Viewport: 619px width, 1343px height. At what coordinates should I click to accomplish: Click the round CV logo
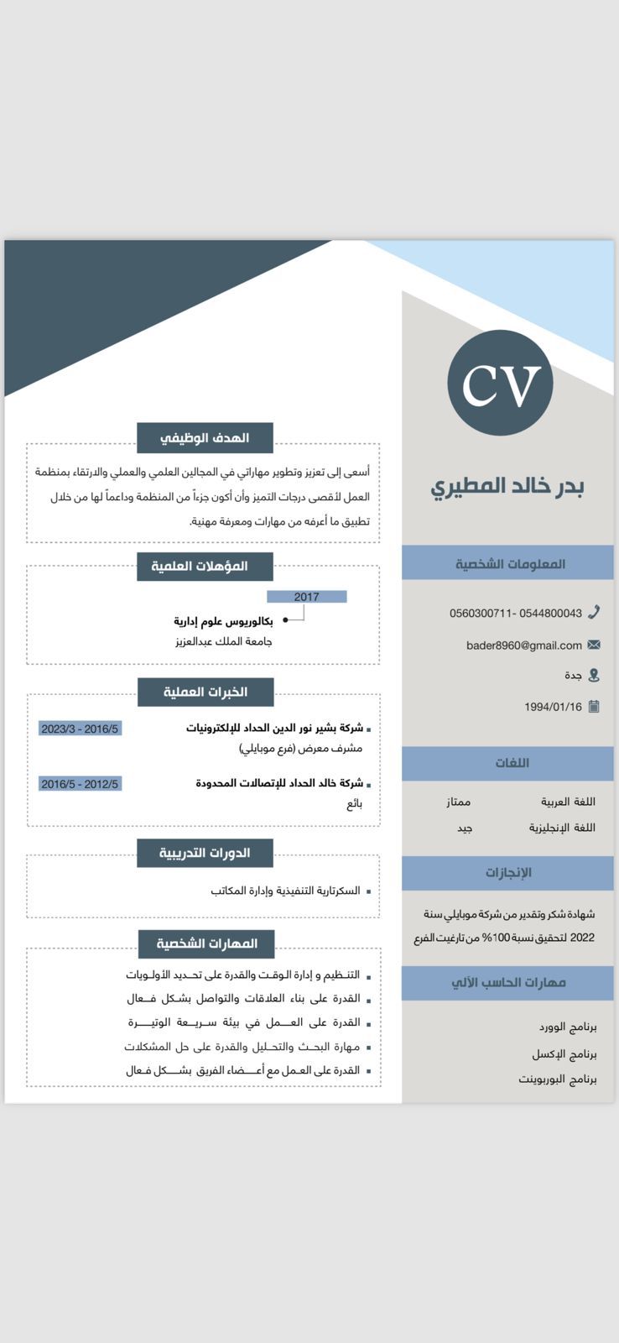(500, 383)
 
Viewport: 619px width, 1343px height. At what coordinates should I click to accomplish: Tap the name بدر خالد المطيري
(507, 486)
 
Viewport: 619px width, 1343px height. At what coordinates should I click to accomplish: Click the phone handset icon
(594, 612)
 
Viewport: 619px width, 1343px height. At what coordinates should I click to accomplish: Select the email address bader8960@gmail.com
(524, 645)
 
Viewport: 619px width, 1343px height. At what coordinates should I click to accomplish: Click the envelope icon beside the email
(594, 645)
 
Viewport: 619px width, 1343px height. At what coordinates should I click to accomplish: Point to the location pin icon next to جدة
(594, 675)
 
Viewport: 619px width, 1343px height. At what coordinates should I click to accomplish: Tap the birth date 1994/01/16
(553, 707)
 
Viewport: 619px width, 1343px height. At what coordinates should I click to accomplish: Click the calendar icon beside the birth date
(594, 706)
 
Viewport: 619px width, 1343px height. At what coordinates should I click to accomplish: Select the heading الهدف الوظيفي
(205, 437)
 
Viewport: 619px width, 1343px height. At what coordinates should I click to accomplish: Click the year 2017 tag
(306, 597)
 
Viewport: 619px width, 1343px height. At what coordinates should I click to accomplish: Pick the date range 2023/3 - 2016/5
(80, 729)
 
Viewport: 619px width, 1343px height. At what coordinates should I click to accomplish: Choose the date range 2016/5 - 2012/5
(80, 784)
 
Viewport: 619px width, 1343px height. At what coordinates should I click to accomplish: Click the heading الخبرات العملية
(205, 692)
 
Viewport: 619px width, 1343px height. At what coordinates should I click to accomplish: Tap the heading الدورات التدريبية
(205, 853)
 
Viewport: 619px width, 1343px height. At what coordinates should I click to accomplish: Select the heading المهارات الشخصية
(206, 943)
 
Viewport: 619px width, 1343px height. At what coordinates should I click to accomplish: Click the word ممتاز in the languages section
(458, 802)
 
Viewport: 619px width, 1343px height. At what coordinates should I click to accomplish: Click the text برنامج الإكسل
(564, 1053)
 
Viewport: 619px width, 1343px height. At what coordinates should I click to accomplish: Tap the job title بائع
(354, 803)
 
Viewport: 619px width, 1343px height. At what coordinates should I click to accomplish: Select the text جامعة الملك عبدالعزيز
(224, 641)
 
